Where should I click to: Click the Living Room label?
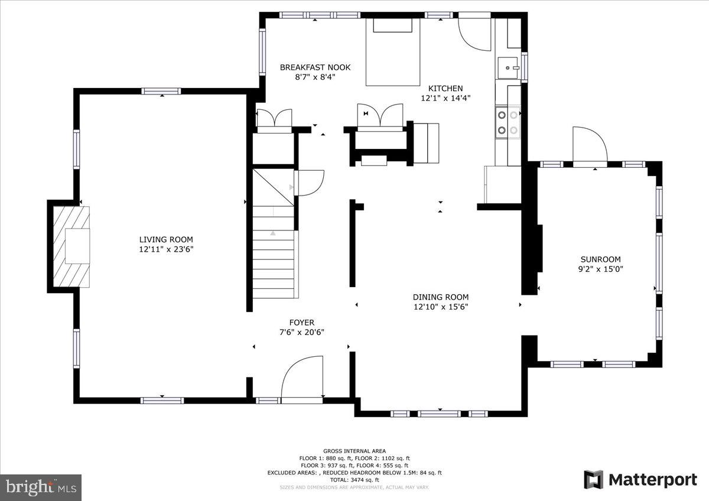pyautogui.click(x=166, y=239)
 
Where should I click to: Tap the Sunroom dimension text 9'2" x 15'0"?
pyautogui.click(x=600, y=269)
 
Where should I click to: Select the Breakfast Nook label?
pyautogui.click(x=315, y=67)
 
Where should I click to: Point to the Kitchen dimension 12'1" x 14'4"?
pyautogui.click(x=445, y=98)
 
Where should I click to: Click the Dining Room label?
pyautogui.click(x=440, y=297)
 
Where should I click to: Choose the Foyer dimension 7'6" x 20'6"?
pyautogui.click(x=301, y=332)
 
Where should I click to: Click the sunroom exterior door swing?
pyautogui.click(x=590, y=144)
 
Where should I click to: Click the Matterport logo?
pyautogui.click(x=640, y=480)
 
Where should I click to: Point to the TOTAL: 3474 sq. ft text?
pyautogui.click(x=354, y=480)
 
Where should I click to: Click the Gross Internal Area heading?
pyautogui.click(x=354, y=451)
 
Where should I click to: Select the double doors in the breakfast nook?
pyautogui.click(x=274, y=117)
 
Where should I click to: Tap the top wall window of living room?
pyautogui.click(x=161, y=91)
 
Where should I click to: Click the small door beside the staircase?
pyautogui.click(x=310, y=183)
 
